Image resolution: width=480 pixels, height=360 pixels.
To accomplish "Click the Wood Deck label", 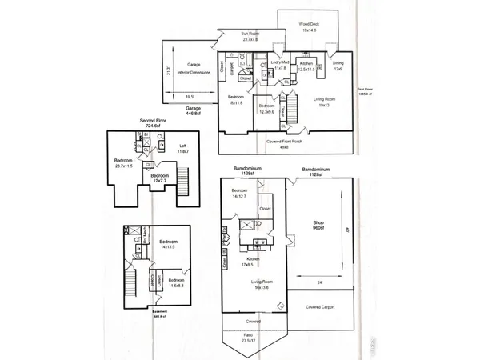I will (309, 27).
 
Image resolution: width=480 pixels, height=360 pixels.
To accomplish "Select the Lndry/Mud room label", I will (280, 66).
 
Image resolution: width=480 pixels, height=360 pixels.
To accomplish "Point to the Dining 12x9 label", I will (338, 66).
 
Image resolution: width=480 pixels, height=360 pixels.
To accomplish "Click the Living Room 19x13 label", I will (324, 101).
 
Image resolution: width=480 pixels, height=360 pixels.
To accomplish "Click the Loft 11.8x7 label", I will (182, 149).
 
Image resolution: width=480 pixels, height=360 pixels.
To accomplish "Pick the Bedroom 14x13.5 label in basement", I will (168, 245).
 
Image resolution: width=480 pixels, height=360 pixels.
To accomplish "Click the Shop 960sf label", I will (318, 225).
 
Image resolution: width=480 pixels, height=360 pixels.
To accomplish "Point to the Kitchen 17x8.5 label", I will (254, 262).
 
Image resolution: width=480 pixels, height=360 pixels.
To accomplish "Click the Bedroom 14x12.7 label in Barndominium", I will (241, 193).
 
